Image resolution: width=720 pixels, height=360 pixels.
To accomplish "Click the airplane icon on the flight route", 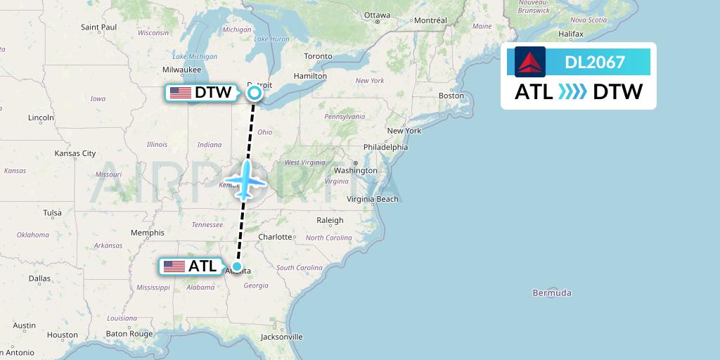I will [x=246, y=180].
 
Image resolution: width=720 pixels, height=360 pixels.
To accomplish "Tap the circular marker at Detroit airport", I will [x=255, y=92].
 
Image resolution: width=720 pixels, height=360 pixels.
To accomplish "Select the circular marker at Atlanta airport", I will [x=238, y=266].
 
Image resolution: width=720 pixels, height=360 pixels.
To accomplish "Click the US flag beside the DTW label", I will [x=181, y=93].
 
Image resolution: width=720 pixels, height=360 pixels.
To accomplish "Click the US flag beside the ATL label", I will [x=174, y=266].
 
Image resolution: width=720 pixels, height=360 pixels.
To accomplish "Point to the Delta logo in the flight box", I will [x=529, y=62].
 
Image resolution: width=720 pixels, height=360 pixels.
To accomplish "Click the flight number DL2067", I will [x=595, y=62].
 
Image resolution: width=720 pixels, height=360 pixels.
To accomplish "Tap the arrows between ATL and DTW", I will [x=572, y=92].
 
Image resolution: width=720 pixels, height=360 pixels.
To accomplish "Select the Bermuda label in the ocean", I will [x=552, y=292].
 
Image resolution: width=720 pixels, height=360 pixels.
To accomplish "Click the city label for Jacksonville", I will [x=281, y=337].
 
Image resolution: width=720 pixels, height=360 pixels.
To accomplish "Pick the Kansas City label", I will [x=75, y=153].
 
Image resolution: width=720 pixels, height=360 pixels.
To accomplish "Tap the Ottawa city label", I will [x=377, y=15].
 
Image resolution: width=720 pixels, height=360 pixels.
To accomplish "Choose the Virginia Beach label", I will [x=373, y=199].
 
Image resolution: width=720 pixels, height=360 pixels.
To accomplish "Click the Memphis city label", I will [x=147, y=233].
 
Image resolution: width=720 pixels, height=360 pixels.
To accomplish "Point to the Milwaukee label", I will [x=182, y=70].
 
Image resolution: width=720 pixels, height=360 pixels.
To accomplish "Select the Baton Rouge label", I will [x=129, y=334].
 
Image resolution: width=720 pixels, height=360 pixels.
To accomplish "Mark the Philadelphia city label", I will [x=385, y=147].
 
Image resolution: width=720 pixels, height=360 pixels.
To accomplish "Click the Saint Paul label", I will [x=98, y=27].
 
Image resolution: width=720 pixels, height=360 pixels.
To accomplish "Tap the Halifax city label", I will [x=571, y=34].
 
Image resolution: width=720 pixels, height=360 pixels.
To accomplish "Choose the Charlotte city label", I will [x=275, y=237].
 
